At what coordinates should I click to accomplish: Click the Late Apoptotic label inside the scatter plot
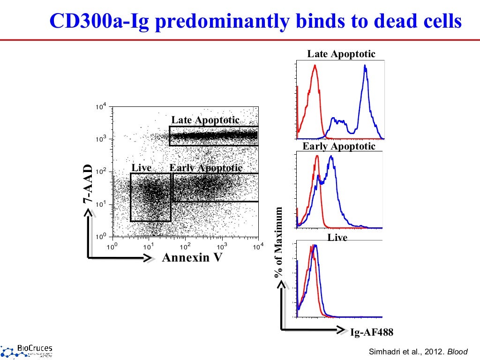(205, 120)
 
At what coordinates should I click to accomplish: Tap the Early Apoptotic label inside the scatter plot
(206, 168)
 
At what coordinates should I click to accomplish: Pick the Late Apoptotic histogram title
(341, 54)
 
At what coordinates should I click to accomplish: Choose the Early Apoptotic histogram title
(339, 146)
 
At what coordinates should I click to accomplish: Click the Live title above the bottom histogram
(337, 238)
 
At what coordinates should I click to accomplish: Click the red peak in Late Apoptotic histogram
(315, 67)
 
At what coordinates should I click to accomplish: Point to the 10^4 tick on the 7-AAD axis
(101, 107)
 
